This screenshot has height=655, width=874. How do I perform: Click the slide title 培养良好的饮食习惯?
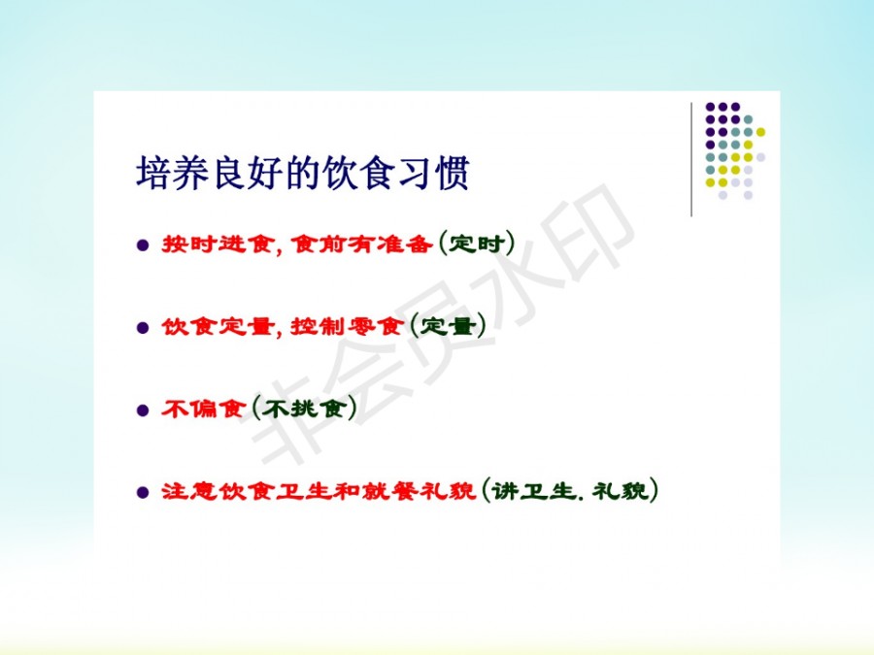tap(303, 174)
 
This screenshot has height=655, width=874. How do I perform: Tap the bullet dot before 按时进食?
tap(143, 246)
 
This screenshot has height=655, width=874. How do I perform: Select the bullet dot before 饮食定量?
tap(143, 328)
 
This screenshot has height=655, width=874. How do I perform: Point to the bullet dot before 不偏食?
tap(143, 410)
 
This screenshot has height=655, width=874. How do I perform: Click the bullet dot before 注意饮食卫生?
tap(143, 492)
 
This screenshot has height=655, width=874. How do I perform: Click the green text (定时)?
tap(477, 244)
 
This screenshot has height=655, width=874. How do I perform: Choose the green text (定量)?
tap(448, 326)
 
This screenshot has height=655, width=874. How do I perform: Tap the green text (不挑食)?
tap(304, 409)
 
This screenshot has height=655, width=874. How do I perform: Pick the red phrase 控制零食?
tap(347, 326)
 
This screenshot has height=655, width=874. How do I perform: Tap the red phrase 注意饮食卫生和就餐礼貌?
tap(319, 491)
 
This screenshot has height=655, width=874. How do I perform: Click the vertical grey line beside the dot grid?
tap(691, 159)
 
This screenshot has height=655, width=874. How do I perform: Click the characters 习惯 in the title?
tap(433, 174)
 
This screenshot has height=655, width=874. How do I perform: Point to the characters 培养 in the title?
tap(173, 174)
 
